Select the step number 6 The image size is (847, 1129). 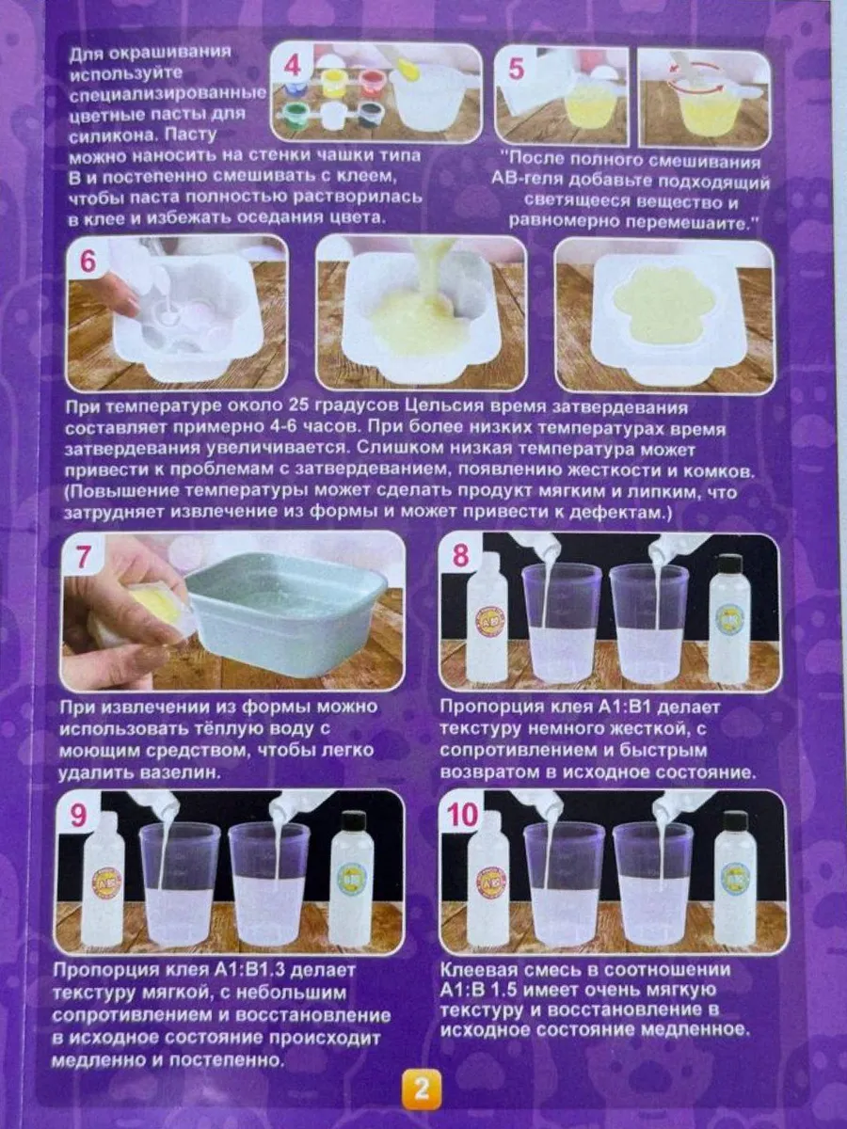[88, 262]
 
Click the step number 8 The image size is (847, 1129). [460, 556]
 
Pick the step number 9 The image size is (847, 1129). [78, 815]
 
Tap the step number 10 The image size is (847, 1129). [463, 814]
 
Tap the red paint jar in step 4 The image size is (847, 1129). [369, 81]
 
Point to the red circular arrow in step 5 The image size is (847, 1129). [692, 78]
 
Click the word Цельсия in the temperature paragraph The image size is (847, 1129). [444, 408]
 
